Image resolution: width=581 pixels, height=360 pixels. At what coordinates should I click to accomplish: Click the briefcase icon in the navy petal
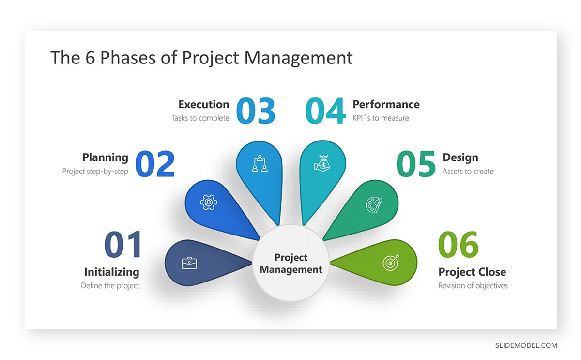189,263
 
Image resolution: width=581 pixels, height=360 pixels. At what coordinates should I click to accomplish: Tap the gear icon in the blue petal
209,202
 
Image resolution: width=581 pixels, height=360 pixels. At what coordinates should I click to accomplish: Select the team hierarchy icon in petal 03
260,163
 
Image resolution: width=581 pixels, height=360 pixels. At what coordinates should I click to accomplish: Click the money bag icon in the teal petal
322,163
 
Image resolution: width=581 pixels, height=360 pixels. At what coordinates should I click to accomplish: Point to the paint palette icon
374,205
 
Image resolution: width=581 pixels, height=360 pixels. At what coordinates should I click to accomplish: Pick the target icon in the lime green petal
391,263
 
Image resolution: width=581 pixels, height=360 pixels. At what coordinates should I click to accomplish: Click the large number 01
123,245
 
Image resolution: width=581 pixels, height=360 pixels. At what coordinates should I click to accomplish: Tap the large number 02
155,164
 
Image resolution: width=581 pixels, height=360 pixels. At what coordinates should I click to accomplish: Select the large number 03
256,110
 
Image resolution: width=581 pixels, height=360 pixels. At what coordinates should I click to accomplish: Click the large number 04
325,110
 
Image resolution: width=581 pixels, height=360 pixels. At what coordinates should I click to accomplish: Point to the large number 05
416,164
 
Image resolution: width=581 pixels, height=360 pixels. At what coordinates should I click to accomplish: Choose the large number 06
459,245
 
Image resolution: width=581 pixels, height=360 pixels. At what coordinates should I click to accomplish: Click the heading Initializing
112,272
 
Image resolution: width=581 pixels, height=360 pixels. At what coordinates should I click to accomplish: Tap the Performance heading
386,104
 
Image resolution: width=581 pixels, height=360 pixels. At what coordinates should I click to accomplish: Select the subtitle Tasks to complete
200,118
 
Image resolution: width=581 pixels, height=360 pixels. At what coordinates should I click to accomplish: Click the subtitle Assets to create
468,172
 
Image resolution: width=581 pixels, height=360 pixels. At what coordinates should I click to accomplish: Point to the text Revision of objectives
473,286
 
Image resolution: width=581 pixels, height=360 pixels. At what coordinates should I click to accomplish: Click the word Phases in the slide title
128,58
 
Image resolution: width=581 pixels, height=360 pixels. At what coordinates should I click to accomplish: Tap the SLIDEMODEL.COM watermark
526,345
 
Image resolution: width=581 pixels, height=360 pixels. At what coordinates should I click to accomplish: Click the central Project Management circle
291,263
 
